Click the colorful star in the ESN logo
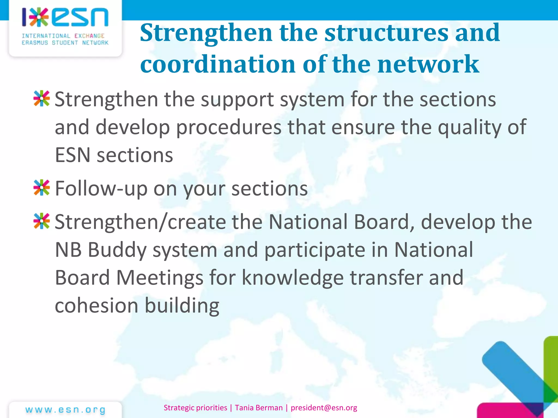[39, 17]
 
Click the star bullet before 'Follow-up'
[41, 188]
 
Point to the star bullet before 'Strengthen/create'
[41, 221]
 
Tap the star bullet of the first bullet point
[41, 98]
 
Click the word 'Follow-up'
[101, 188]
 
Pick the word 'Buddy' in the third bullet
[117, 250]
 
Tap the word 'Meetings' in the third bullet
[160, 278]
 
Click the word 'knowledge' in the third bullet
[293, 278]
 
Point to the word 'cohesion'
[96, 305]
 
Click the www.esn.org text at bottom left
[65, 410]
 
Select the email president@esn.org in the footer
[324, 408]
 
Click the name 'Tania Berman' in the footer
[259, 408]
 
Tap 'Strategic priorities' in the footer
[195, 408]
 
